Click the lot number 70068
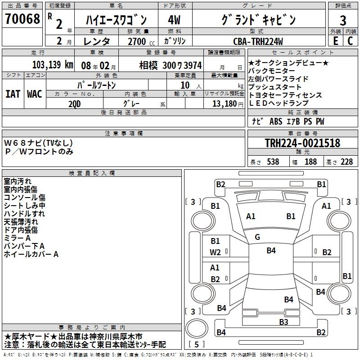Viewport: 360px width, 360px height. [x=22, y=19]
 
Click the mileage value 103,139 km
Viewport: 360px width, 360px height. [x=53, y=65]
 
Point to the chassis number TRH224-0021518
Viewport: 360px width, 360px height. [x=302, y=143]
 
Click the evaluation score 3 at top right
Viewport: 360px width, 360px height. [x=343, y=21]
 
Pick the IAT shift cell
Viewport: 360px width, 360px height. [x=13, y=94]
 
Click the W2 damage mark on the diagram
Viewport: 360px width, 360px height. [x=215, y=252]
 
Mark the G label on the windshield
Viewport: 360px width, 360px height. [x=257, y=237]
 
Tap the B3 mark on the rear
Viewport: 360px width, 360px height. [x=283, y=322]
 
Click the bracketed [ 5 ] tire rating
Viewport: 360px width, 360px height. [x=197, y=345]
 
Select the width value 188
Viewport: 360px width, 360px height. [x=310, y=162]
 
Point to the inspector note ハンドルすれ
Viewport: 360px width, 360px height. [x=24, y=214]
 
